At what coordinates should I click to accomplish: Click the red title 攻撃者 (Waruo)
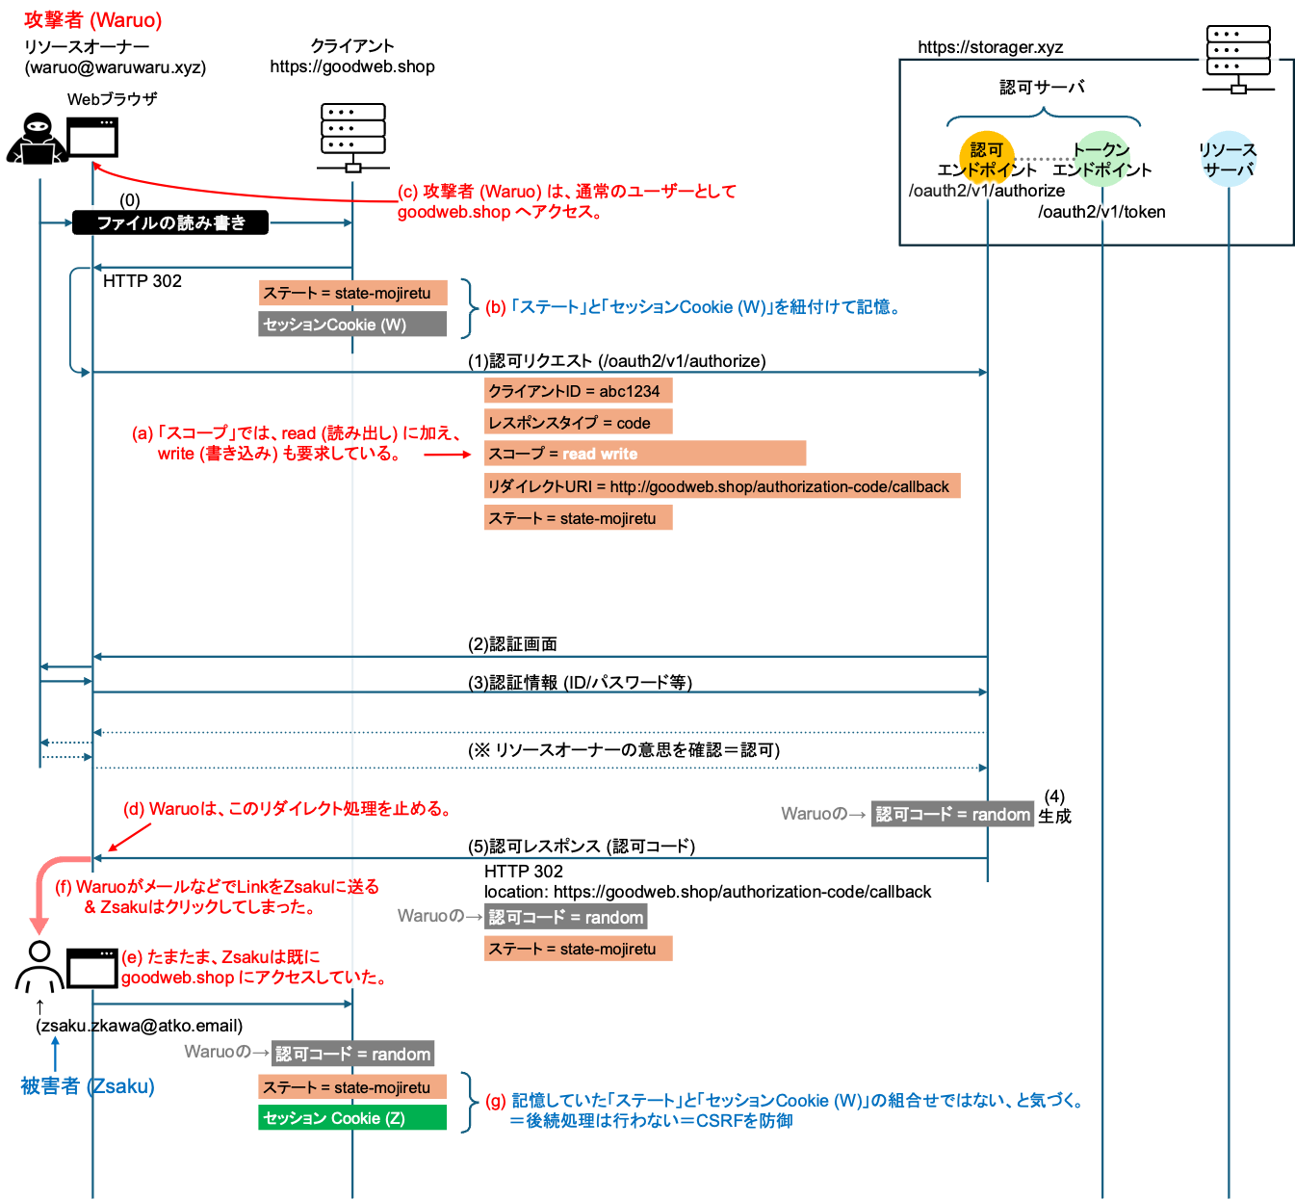(93, 20)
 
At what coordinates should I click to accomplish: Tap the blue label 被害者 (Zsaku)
(88, 1086)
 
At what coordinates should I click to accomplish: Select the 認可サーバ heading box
(1042, 88)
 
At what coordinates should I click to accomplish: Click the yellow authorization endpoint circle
(986, 157)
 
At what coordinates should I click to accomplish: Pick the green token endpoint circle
(1101, 158)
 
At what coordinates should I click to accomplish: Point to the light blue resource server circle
(1229, 159)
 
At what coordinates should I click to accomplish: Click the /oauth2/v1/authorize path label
(987, 191)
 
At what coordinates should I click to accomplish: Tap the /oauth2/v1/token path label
(1102, 212)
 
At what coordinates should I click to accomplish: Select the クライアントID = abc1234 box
(578, 391)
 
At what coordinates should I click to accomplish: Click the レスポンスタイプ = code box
(578, 423)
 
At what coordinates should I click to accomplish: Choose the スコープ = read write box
(645, 454)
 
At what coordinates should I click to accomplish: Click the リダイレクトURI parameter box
(722, 486)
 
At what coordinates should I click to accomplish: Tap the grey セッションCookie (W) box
(352, 325)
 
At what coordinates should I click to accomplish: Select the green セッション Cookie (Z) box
(352, 1118)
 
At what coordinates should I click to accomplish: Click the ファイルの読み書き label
(170, 223)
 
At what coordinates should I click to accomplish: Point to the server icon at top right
(1238, 60)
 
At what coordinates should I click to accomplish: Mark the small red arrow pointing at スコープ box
(448, 454)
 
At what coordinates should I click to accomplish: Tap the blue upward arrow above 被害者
(55, 1053)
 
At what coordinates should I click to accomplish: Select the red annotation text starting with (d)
(287, 809)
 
